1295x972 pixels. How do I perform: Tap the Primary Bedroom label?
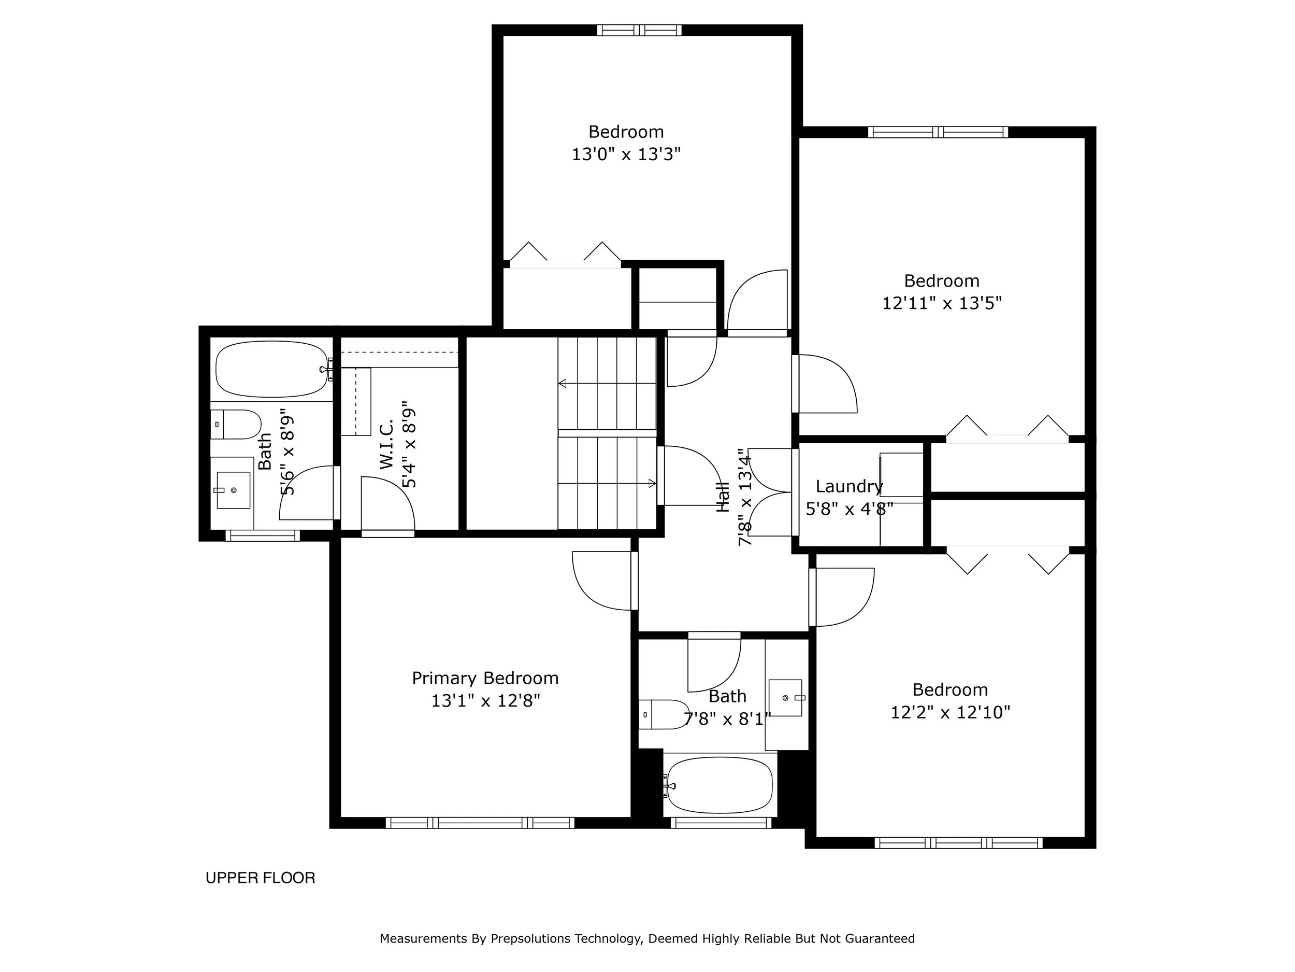coord(485,679)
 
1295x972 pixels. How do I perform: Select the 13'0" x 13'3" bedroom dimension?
coord(626,154)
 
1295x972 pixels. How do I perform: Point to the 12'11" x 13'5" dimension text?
coord(942,303)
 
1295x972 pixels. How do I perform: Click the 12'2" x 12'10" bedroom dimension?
coord(950,712)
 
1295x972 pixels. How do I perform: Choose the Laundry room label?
coord(849,486)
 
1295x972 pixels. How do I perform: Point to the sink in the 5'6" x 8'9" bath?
coord(233,490)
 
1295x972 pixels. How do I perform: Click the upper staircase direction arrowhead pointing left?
coord(563,384)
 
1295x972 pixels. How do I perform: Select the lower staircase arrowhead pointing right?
coord(652,483)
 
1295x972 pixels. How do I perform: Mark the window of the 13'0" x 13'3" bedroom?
coord(639,31)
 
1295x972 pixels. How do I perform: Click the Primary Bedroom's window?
coord(480,823)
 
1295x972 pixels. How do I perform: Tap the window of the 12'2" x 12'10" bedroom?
coord(958,843)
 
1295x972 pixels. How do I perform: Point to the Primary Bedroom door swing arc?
coord(588,593)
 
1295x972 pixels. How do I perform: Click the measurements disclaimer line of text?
coord(647,939)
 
